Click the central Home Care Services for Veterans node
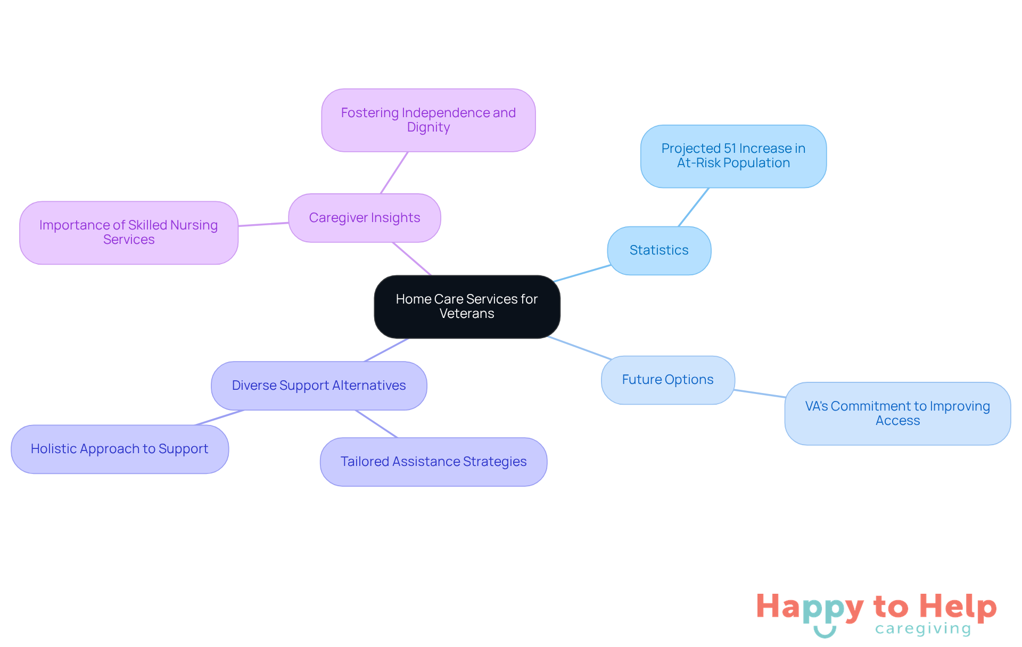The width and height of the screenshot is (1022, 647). click(467, 306)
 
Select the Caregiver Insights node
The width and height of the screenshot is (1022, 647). click(365, 218)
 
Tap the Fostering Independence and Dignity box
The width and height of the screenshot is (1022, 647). click(428, 120)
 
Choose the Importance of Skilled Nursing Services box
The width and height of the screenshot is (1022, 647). click(129, 233)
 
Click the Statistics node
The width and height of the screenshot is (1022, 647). click(659, 250)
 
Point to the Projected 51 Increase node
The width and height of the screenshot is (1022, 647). click(733, 156)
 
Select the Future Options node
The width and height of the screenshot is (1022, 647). click(667, 380)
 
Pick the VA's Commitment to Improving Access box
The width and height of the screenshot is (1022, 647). click(897, 413)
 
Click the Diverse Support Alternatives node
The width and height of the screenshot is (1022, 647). click(319, 386)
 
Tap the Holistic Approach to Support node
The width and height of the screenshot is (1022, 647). click(120, 449)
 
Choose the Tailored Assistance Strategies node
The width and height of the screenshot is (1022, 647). click(433, 462)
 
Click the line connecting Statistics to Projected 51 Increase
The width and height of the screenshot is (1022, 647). click(694, 207)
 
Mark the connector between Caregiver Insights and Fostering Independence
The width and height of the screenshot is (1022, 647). click(394, 173)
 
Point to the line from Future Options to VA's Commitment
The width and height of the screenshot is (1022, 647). click(760, 394)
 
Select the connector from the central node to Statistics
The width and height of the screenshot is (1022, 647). click(582, 273)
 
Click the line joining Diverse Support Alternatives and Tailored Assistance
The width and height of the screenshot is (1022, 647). click(376, 424)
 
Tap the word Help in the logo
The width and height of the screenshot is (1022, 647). click(958, 607)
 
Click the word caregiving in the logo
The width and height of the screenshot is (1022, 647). click(923, 629)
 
